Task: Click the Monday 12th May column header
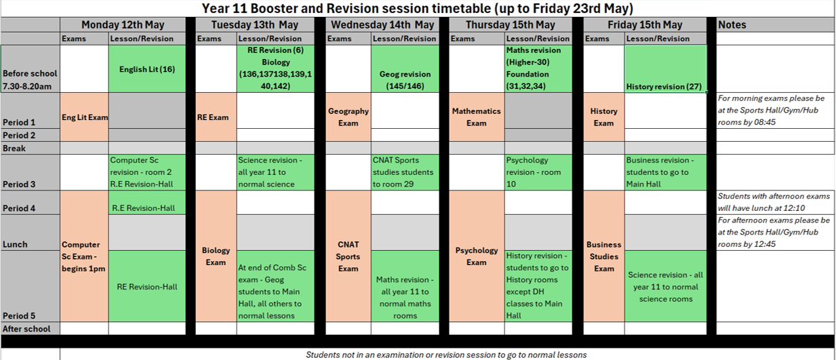(123, 24)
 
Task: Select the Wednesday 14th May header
(382, 24)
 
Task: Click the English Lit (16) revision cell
(147, 69)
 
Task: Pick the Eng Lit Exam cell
(84, 117)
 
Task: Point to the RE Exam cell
(216, 117)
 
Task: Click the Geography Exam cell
(349, 117)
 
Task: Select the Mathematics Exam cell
(477, 117)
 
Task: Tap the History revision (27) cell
(665, 69)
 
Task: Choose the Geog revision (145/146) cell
(405, 69)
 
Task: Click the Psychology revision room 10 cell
(538, 172)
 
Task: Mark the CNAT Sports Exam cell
(349, 256)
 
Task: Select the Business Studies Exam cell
(604, 256)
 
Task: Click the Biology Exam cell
(216, 256)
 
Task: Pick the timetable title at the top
(418, 8)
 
